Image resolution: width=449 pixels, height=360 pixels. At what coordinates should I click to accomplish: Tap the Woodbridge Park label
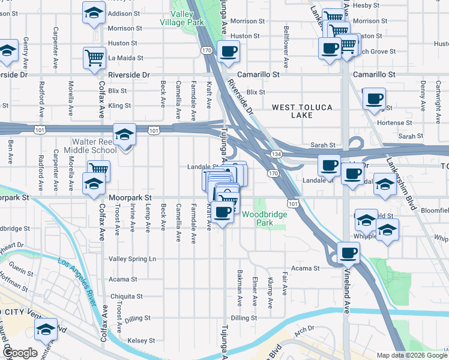(x=267, y=218)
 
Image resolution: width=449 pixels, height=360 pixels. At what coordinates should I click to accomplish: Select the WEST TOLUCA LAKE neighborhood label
(x=301, y=111)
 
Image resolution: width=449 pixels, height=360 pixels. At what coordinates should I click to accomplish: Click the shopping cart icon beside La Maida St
(x=95, y=58)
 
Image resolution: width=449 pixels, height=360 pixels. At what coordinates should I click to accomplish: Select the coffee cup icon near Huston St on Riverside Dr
(x=228, y=52)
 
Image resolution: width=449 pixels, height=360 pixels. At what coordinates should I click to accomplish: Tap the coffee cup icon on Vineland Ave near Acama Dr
(x=348, y=253)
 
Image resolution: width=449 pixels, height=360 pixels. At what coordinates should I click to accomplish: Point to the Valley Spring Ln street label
(x=132, y=259)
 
